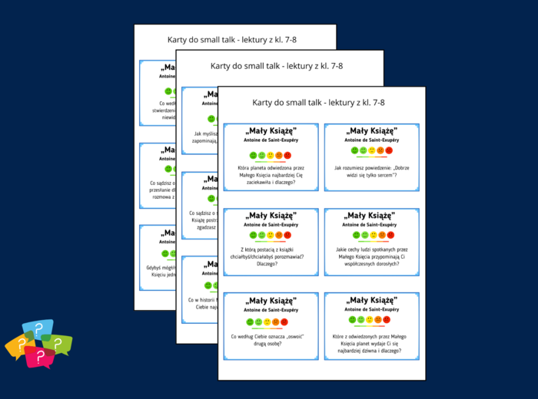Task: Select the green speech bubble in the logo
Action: coord(60,343)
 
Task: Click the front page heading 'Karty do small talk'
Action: coord(318,102)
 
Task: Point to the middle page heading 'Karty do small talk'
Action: coord(277,66)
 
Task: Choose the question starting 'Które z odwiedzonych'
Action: coord(371,338)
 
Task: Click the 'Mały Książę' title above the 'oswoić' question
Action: coord(271,301)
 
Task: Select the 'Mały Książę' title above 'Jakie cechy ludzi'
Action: coord(371,216)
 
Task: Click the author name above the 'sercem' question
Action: coord(371,140)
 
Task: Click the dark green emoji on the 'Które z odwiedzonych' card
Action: coord(353,319)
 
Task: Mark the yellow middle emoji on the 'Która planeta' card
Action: coord(271,156)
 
